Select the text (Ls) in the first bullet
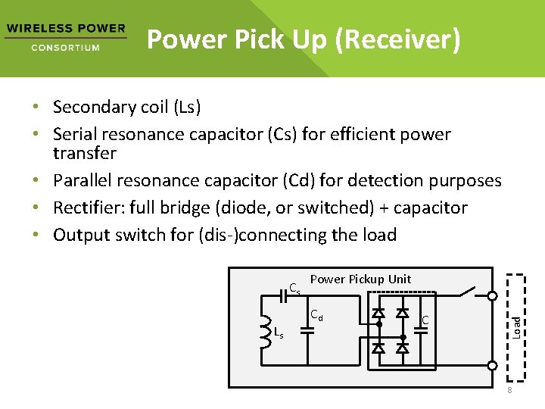click(186, 108)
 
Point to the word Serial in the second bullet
click(76, 135)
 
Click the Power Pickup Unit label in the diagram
click(360, 279)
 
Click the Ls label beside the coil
click(279, 334)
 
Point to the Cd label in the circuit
click(316, 315)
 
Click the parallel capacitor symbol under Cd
click(307, 331)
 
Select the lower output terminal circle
click(491, 366)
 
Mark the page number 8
click(509, 390)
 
